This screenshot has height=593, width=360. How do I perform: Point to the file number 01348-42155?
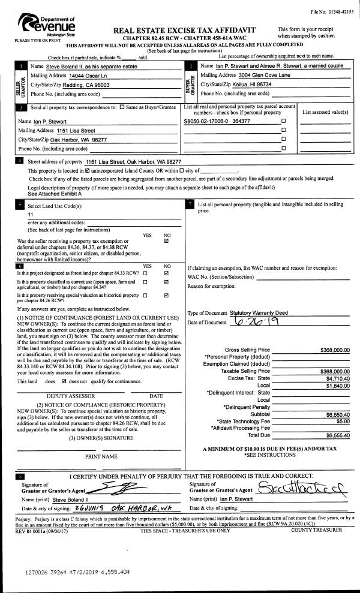(x=332, y=13)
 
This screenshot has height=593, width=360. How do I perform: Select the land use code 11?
(x=31, y=214)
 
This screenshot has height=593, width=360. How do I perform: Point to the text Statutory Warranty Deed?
(x=259, y=313)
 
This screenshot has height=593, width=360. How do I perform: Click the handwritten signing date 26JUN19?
(x=72, y=508)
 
